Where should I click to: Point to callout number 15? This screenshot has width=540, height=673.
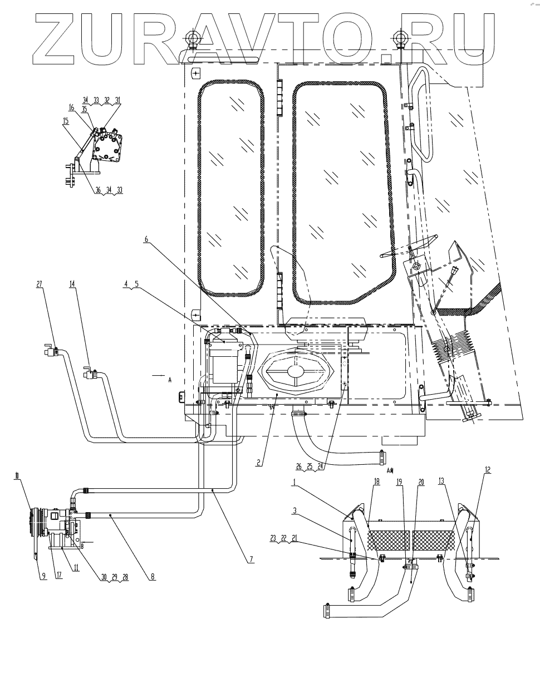point(66,120)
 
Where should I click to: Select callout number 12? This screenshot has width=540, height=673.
point(488,469)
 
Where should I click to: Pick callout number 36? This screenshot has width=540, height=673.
point(99,190)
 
